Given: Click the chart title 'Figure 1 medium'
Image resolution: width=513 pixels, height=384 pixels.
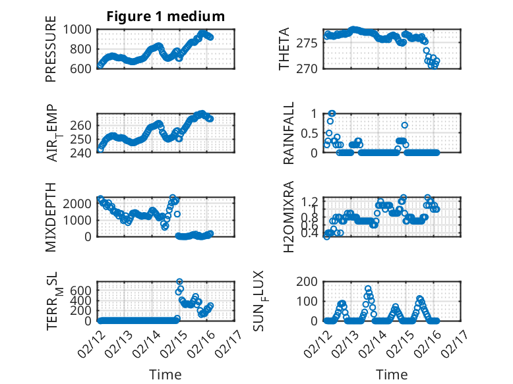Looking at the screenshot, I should pos(166,16).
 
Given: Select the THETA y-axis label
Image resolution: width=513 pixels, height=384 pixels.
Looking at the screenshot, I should pos(284,49).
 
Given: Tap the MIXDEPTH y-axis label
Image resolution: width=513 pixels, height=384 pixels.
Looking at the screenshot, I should pos(51,216).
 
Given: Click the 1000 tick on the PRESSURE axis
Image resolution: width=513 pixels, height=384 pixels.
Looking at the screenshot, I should pos(79,30).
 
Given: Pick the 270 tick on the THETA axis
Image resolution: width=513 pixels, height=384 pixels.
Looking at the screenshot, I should pos(313,69).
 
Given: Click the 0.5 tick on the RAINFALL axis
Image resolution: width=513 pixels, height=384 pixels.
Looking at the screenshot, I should pos(309,133).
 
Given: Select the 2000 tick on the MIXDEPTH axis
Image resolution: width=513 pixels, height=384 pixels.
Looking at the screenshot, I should pos(79,204).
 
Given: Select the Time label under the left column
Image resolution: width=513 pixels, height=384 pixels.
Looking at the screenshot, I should pos(166,375).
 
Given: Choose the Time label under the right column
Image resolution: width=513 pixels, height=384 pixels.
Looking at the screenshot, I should pos(392,375).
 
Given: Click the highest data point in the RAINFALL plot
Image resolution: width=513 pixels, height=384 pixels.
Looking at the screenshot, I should pos(332,113).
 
